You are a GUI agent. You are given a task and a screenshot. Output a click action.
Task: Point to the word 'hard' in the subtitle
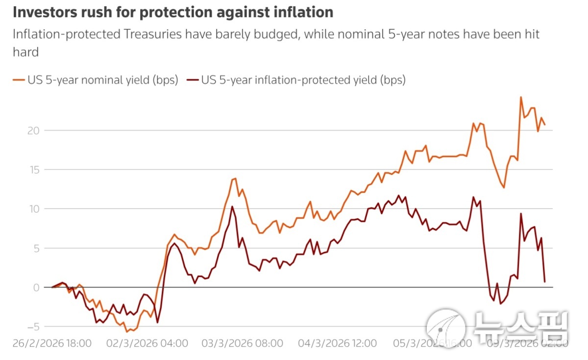[x=25, y=52]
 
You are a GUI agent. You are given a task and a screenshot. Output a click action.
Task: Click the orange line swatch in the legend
[x=18, y=80]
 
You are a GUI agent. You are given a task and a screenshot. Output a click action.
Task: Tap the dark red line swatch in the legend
[x=193, y=80]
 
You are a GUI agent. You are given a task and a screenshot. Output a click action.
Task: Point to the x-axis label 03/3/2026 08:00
[x=243, y=343]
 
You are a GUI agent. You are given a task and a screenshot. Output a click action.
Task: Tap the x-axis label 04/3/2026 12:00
[x=338, y=343]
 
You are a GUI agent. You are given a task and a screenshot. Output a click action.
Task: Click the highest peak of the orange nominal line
[x=521, y=97]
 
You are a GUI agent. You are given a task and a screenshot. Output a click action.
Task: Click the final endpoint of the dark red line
[x=545, y=282]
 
